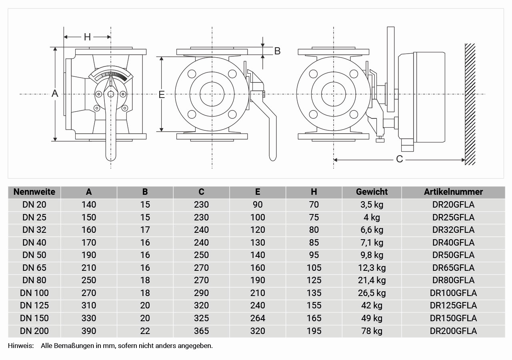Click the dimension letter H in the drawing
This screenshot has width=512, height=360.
pos(87,37)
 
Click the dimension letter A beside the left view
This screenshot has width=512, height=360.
pos(55,94)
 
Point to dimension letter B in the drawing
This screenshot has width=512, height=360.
pos(277,51)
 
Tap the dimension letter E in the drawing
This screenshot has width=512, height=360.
pos(162,94)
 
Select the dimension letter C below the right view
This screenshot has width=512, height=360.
pos(399,159)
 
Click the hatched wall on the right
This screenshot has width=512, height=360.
pos(470,104)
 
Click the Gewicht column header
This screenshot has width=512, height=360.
pos(372,192)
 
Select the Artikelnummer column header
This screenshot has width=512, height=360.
pos(453,192)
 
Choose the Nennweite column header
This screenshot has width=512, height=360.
pos(34,192)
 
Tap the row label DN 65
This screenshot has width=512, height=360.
pos(34,268)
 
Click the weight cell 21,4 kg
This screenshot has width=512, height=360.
pos(372,280)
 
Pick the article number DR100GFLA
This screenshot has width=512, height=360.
pos(453,293)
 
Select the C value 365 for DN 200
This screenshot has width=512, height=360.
pos(201,331)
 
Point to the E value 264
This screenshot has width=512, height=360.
pos(258,318)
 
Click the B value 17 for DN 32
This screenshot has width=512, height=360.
pos(145,230)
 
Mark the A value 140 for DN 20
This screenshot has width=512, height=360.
pos(89,204)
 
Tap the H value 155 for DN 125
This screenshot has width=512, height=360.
pos(314,305)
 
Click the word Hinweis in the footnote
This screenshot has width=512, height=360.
pos(20,346)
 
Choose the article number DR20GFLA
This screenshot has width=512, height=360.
pos(453,204)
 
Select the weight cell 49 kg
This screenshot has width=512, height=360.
pos(372,318)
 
